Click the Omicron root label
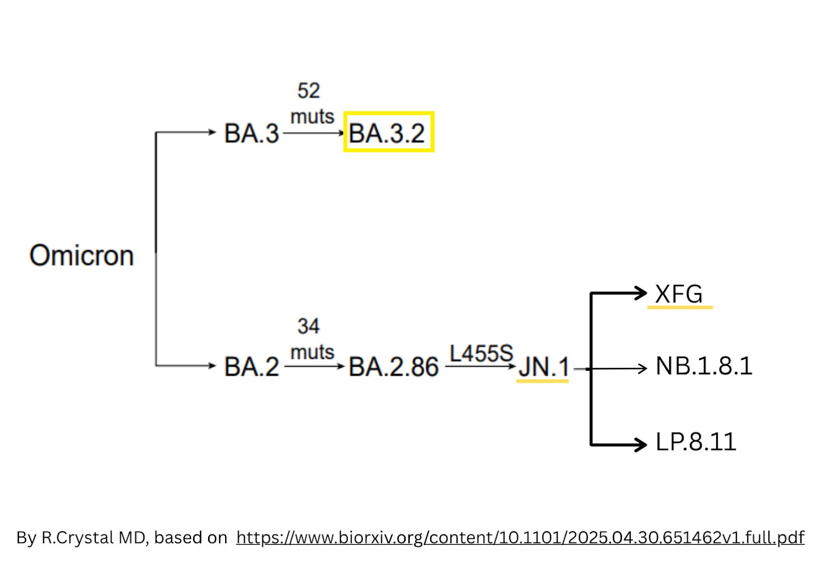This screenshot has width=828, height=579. pos(82,255)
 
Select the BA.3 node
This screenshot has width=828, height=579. pos(252,134)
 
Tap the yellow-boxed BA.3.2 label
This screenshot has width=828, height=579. pos(388,133)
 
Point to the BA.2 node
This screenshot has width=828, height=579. pos(252,367)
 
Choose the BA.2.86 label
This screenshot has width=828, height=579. pos(393,367)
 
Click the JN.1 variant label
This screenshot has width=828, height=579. pos(543,367)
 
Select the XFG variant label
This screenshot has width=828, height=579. pos(678,294)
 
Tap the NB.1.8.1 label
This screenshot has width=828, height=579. pos(703,366)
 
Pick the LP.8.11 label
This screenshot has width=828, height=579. pos(696,442)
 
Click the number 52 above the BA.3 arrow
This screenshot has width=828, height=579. pos(308,91)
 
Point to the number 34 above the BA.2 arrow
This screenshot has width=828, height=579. pos(308,326)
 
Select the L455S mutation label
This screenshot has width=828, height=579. pos(481,354)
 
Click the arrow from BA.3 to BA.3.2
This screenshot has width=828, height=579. pos(314,133)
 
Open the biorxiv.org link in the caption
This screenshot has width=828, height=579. pos(520,538)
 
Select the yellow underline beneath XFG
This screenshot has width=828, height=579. pos(680,308)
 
